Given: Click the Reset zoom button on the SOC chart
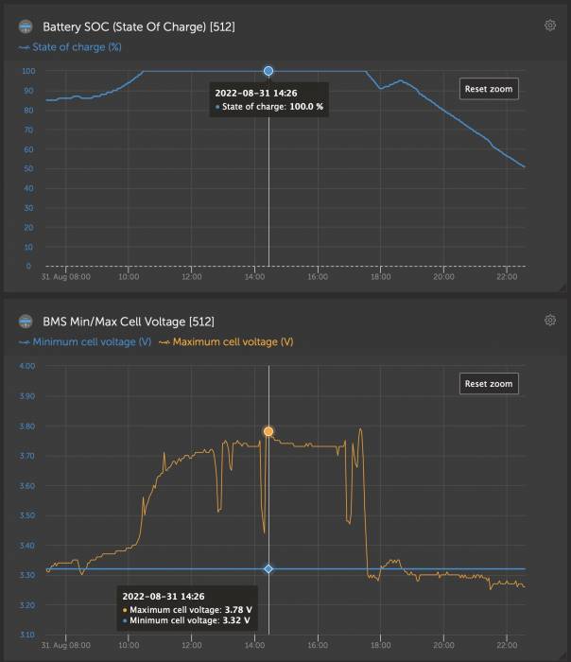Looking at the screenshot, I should point(490,89).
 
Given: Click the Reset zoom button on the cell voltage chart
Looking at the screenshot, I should point(490,384).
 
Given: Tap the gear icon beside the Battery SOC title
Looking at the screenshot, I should point(550,26).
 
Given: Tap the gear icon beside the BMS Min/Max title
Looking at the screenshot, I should point(550,321).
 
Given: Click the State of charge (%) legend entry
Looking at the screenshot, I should point(71,46).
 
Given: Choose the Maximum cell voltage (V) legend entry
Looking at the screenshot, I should point(226,341).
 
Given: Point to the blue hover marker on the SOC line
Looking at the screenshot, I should point(268,71).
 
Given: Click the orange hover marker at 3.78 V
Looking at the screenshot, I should point(268,431).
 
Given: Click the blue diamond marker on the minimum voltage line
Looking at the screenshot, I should point(268,569).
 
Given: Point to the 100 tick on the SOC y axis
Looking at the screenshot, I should point(28,71).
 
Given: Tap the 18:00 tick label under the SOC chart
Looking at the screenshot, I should point(381,278).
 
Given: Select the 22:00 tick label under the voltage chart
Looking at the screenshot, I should point(506,647).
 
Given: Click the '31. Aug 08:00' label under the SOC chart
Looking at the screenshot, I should point(66,278).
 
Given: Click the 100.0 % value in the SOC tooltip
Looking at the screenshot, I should point(306,107).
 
